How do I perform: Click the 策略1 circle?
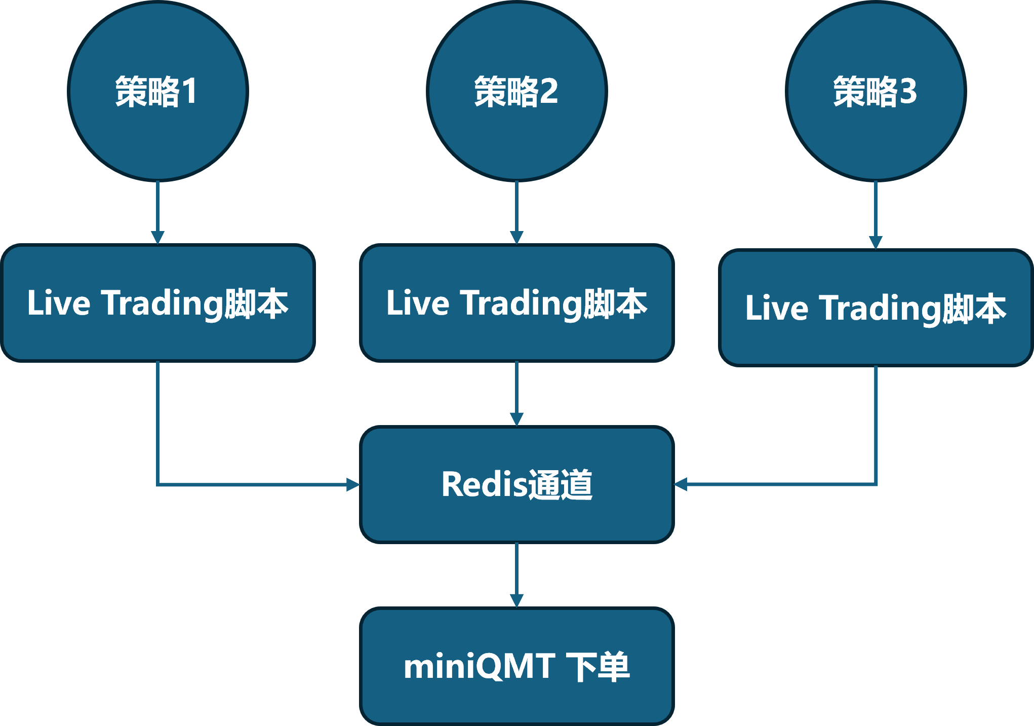coord(157,91)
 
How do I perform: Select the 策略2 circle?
coord(516,91)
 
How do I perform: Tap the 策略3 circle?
coord(876,91)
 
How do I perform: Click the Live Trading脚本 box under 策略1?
coord(157,303)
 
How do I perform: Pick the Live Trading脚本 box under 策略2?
coord(516,303)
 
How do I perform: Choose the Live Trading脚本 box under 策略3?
coord(876,308)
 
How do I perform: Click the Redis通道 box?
coord(516,484)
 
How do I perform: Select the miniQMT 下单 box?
coord(516,666)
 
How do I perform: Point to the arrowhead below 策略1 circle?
coord(157,237)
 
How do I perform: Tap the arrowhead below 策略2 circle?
coord(516,237)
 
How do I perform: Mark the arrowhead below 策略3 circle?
coord(876,242)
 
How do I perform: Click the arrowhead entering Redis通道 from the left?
coord(352,484)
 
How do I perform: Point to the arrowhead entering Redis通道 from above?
coord(516,419)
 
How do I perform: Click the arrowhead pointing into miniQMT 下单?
coord(516,600)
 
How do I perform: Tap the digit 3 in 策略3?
coord(908,91)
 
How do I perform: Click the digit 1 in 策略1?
coord(190,91)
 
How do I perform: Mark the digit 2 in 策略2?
coord(549,91)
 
